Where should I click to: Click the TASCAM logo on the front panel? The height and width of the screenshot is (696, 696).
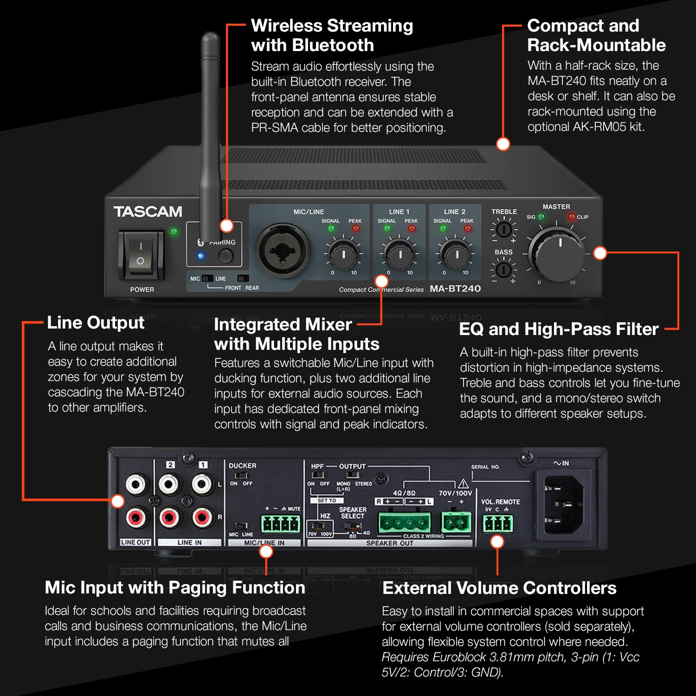148,212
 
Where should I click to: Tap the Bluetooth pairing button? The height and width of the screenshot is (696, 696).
226,256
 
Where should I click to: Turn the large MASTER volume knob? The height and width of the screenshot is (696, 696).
556,253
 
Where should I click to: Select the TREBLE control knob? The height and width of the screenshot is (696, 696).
503,229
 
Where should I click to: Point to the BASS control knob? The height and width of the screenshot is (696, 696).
503,269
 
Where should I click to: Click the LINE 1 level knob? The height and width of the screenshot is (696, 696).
400,254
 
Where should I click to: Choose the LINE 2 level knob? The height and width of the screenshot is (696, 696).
456,254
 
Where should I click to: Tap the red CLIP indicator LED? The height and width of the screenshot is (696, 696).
572,217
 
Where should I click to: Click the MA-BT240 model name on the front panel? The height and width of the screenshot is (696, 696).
455,289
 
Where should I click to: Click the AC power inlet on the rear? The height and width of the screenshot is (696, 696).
563,504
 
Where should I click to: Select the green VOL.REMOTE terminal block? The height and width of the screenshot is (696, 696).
498,524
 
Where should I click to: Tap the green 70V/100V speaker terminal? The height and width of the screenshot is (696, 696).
455,522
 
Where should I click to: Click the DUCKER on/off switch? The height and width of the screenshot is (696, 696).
240,476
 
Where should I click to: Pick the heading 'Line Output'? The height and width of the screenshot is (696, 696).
96,322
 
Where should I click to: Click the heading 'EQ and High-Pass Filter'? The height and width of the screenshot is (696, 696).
559,329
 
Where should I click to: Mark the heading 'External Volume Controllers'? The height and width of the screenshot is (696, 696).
499,588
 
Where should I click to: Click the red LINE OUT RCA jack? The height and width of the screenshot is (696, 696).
135,516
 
